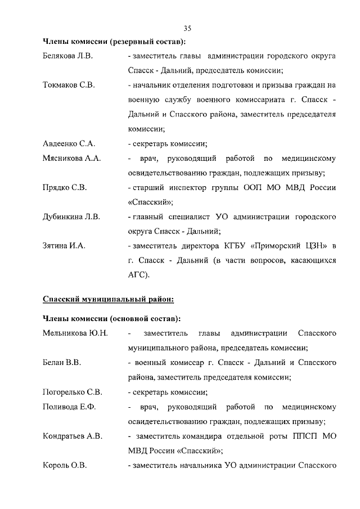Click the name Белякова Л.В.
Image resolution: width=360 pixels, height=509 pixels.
[67, 56]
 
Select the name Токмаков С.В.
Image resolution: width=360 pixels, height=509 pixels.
[69, 85]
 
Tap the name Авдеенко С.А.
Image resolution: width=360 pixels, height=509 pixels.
[69, 143]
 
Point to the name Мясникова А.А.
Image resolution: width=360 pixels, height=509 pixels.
[71, 159]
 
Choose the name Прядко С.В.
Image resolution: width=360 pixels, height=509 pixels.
[65, 187]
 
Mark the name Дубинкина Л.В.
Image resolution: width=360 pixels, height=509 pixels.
[71, 217]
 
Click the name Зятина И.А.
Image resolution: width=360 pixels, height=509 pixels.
[64, 246]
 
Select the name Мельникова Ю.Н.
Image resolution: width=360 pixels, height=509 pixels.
[75, 334]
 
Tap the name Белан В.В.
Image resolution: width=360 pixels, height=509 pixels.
[62, 363]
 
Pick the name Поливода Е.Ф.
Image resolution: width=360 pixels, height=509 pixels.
[69, 407]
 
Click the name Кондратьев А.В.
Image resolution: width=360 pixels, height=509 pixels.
[73, 436]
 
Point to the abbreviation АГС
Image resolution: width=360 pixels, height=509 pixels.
[137, 275]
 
